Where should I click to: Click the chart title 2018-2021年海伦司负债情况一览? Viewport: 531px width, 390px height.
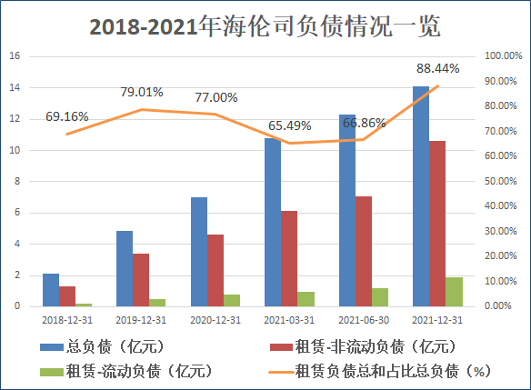(265, 26)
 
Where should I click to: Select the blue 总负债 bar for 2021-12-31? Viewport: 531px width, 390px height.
(421, 196)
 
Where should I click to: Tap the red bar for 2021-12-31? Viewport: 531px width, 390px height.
(438, 224)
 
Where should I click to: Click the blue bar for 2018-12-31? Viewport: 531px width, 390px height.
(51, 290)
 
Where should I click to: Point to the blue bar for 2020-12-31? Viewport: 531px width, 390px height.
(198, 252)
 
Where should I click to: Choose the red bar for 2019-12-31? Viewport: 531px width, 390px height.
(141, 280)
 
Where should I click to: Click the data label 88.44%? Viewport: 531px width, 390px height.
(437, 67)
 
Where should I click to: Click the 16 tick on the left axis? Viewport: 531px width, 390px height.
(15, 55)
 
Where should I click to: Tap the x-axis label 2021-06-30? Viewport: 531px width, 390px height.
(364, 320)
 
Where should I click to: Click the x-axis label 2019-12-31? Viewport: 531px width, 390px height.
(141, 320)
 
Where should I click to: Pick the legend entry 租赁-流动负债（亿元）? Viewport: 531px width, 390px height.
(127, 370)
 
